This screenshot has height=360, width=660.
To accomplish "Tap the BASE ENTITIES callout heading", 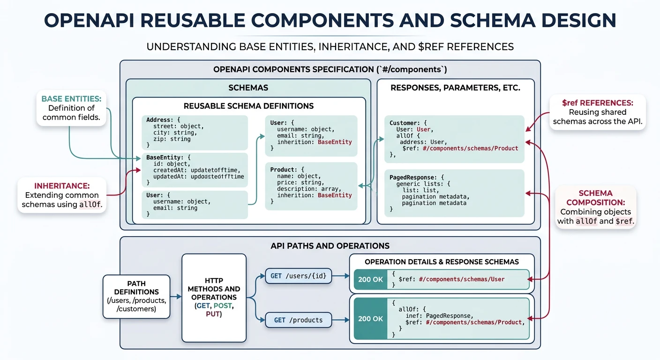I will (71, 99).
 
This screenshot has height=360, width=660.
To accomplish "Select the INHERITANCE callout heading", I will (62, 186).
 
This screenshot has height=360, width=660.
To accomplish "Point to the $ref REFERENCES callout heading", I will (597, 102).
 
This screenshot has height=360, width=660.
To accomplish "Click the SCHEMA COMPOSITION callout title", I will (595, 197).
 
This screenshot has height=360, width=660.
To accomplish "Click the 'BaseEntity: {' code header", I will (168, 157).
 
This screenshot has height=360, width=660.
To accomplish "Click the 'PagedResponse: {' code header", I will (417, 177).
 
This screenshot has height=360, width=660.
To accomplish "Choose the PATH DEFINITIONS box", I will (136, 296).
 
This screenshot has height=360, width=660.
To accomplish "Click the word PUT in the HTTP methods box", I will (213, 314).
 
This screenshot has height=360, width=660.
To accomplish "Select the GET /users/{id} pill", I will (298, 276).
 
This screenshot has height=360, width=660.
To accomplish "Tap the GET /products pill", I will (298, 320).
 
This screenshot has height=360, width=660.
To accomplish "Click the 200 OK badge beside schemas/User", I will (370, 279).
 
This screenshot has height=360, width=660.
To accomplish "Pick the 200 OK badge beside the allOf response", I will (370, 319).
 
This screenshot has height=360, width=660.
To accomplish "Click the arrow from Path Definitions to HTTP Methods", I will (176, 296).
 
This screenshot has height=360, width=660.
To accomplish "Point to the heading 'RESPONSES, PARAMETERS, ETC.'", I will (455, 88).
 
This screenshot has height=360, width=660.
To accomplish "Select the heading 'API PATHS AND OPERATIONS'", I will (330, 246).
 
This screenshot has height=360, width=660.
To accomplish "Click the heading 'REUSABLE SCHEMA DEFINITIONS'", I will (248, 106).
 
